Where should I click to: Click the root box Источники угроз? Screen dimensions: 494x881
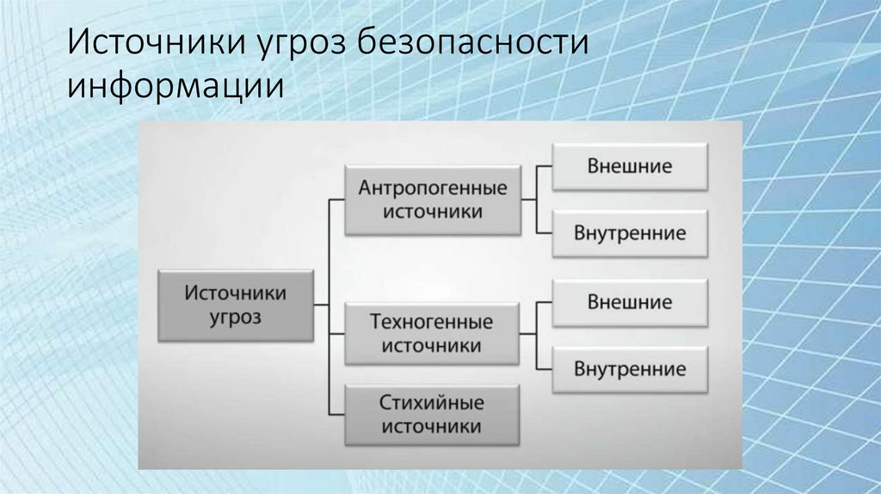click(x=235, y=306)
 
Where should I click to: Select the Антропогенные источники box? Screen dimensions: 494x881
click(x=432, y=200)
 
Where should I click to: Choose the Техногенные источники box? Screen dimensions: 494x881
click(x=432, y=334)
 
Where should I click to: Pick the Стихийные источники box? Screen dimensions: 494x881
click(x=432, y=414)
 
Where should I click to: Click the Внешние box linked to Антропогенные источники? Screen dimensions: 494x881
click(x=630, y=165)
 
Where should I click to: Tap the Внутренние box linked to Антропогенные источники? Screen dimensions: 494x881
click(x=630, y=233)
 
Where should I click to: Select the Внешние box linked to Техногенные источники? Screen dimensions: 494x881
click(x=630, y=302)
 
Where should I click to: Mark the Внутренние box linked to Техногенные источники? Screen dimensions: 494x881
click(x=630, y=370)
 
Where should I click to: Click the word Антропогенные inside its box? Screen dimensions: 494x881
click(x=432, y=188)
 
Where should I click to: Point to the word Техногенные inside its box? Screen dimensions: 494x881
click(x=432, y=323)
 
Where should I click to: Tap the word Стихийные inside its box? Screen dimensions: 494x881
click(x=432, y=403)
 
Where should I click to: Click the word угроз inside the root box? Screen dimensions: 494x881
click(x=235, y=318)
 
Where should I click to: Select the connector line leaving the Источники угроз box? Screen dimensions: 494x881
click(x=320, y=305)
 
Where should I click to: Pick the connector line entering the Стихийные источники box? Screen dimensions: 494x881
click(x=336, y=413)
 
